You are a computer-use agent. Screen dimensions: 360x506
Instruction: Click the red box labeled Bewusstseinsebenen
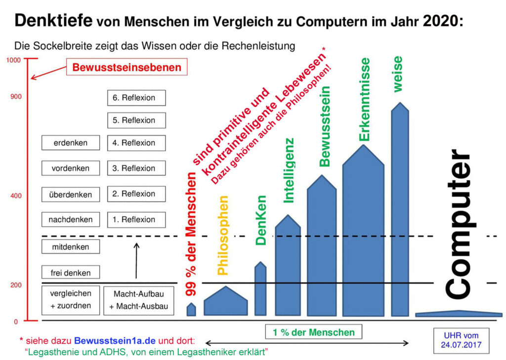tap(127, 68)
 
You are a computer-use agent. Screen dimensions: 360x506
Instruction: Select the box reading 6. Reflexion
tap(136, 98)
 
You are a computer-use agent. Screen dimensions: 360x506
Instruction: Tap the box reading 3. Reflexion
tap(136, 168)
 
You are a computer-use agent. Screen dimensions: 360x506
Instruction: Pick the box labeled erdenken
tap(71, 143)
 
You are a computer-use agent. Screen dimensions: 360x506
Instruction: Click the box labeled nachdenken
tap(71, 219)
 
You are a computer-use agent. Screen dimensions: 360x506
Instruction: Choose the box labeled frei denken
tap(71, 272)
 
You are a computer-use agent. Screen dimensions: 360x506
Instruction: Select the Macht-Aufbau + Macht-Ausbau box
tap(139, 300)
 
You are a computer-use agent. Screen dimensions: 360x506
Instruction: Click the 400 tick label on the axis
tap(15, 196)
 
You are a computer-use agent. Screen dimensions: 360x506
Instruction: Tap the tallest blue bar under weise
tap(400, 212)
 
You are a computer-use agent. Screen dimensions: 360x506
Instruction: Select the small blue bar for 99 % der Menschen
tap(191, 310)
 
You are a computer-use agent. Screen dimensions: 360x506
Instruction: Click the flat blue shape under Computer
tap(459, 314)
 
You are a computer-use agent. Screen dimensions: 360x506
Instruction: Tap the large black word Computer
tap(460, 225)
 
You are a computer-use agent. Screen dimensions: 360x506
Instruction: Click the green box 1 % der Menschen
tap(313, 332)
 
